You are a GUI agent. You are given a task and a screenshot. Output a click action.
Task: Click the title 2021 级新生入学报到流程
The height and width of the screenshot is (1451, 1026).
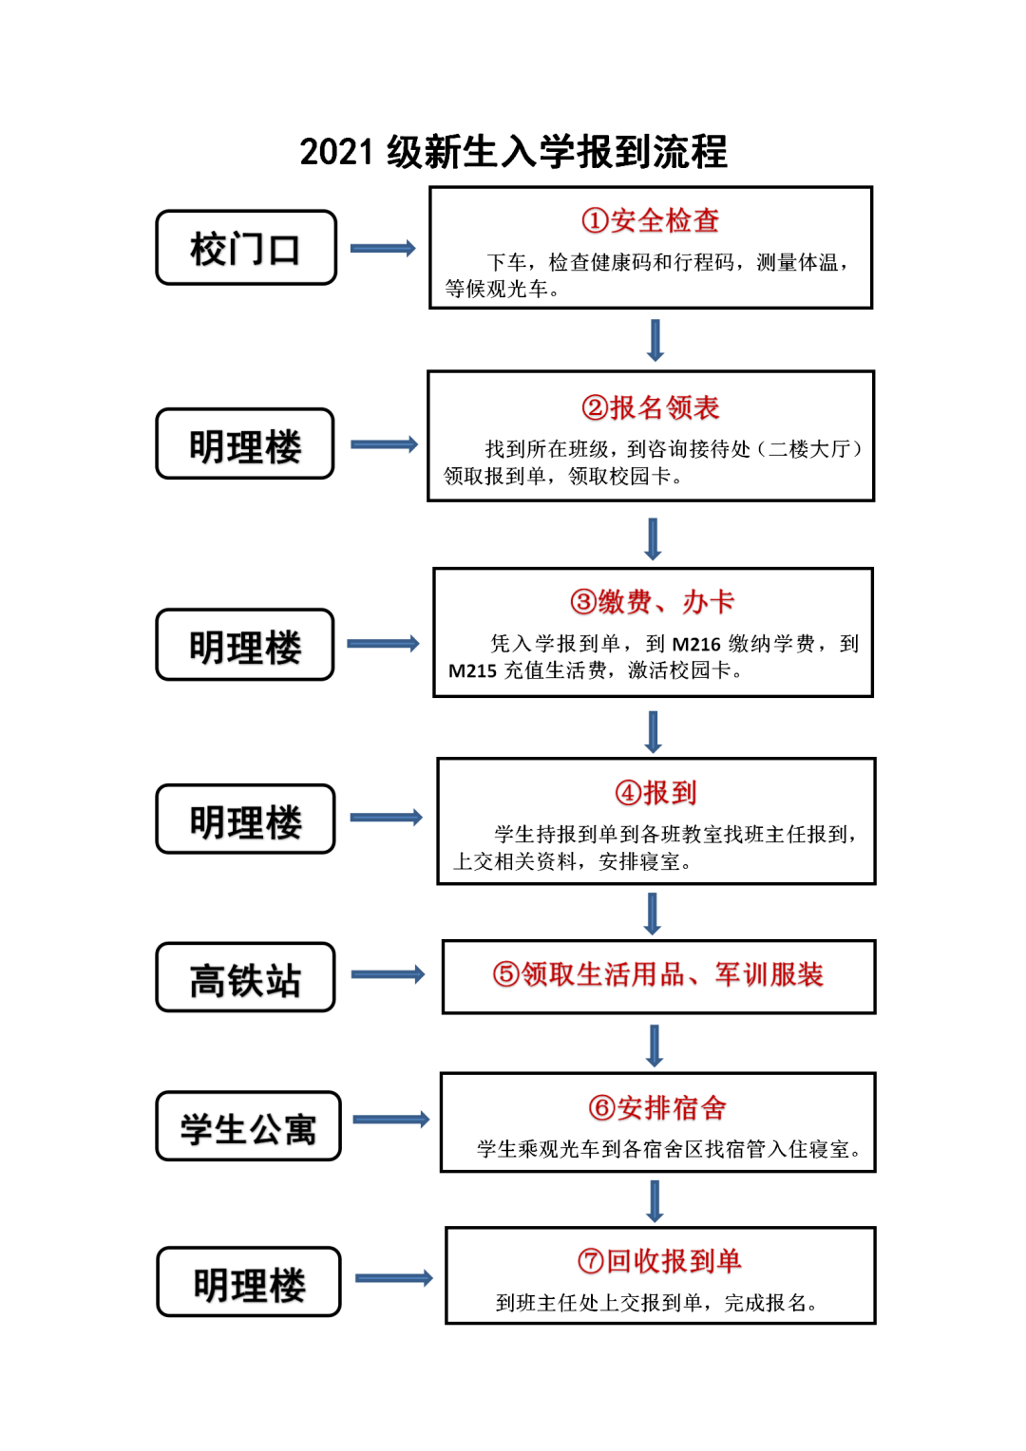(x=513, y=153)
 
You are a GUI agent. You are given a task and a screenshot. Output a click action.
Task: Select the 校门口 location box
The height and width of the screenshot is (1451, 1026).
(x=246, y=248)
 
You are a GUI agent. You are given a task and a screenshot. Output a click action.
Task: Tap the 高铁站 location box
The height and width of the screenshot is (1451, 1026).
(x=246, y=977)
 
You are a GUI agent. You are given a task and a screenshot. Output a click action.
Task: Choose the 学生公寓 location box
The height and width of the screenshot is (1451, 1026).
(x=248, y=1126)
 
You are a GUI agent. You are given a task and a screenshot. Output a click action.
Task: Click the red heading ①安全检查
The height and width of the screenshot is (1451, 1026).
(x=650, y=220)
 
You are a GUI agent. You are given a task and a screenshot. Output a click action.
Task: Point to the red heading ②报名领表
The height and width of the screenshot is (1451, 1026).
(x=650, y=407)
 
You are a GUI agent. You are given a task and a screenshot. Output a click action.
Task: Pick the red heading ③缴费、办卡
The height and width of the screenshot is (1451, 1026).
(x=652, y=602)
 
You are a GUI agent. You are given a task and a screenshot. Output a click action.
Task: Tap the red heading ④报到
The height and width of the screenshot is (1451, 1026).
(x=655, y=792)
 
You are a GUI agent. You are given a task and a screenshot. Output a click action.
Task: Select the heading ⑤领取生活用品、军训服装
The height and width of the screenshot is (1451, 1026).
(x=657, y=974)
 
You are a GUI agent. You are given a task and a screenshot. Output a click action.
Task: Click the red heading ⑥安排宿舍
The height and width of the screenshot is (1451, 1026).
(x=657, y=1107)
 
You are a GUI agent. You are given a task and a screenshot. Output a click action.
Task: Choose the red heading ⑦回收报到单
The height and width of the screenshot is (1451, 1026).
(x=659, y=1260)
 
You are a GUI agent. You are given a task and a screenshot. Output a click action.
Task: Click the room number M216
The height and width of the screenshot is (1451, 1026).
(x=696, y=644)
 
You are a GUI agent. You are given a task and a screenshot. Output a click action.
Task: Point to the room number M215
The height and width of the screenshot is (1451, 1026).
(x=472, y=670)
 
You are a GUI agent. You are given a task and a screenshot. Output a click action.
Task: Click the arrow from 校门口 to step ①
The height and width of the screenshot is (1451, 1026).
(x=383, y=248)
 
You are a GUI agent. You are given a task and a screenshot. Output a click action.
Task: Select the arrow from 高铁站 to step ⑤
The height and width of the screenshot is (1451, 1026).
(x=388, y=974)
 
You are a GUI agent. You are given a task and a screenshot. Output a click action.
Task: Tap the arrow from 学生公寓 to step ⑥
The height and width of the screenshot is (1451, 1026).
(x=390, y=1120)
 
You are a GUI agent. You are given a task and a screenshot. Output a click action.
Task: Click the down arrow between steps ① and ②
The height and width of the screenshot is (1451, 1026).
(x=655, y=340)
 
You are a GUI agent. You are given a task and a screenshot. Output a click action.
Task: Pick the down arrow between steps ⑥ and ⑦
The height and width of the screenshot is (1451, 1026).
(x=655, y=1201)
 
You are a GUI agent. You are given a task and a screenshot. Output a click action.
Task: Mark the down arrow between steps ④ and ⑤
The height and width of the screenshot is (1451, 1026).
(x=653, y=914)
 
